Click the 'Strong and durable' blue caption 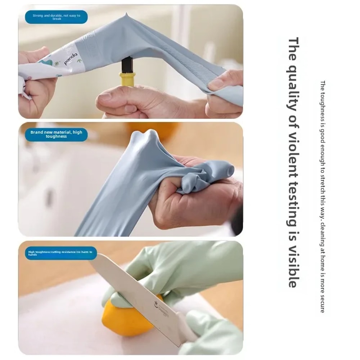coord(56,17)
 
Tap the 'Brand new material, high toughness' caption coord(56,134)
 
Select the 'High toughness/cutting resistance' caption coord(60,253)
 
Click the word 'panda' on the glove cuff coord(71,59)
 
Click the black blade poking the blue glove coord(127,65)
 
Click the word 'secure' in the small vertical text coord(323,303)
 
